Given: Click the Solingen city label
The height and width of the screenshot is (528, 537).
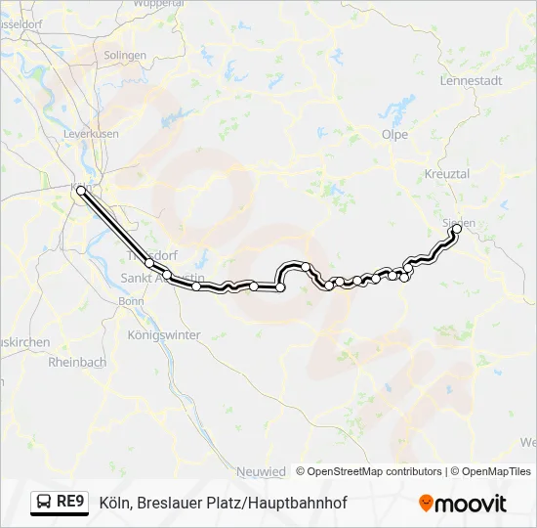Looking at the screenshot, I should pyautogui.click(x=124, y=56).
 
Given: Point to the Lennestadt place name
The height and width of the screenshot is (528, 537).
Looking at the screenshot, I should pyautogui.click(x=471, y=80).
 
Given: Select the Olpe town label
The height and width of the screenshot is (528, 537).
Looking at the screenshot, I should pyautogui.click(x=394, y=135).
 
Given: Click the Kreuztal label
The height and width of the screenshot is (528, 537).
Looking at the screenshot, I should pyautogui.click(x=447, y=173).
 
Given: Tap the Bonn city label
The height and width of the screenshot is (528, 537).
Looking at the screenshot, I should pyautogui.click(x=131, y=301).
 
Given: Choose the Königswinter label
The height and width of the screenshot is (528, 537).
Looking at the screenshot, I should pyautogui.click(x=164, y=334).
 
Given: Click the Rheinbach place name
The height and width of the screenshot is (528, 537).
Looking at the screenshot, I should pyautogui.click(x=77, y=361).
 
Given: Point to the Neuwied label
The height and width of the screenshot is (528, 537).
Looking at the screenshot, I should pyautogui.click(x=261, y=471).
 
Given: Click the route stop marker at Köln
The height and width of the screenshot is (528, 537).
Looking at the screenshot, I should pyautogui.click(x=81, y=192).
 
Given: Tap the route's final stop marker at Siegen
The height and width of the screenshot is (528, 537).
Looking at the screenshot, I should pyautogui.click(x=456, y=230).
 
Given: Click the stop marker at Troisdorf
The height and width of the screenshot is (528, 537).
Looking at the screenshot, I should pyautogui.click(x=149, y=263).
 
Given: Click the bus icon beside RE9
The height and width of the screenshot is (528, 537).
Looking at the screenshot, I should pyautogui.click(x=44, y=503).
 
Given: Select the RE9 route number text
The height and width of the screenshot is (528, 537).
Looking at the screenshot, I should pyautogui.click(x=71, y=503).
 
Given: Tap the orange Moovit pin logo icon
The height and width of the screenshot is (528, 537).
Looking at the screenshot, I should pyautogui.click(x=425, y=503).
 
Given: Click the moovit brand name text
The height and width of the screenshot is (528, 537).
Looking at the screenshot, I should pyautogui.click(x=471, y=504).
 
